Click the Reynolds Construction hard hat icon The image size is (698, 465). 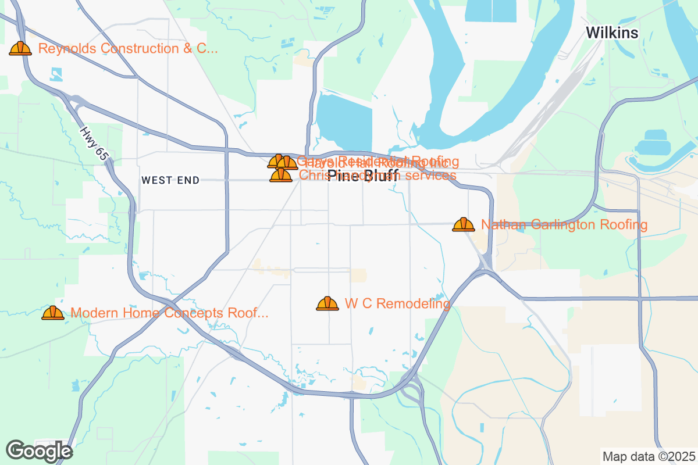20,48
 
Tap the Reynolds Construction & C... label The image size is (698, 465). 128,48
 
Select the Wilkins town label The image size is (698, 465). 612,33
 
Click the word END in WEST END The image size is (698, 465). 189,181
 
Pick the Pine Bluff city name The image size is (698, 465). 363,176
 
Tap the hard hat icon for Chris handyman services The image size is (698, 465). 281,175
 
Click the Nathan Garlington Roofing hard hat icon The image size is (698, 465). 464,224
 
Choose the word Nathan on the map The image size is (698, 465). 501,225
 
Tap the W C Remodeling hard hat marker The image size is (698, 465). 327,303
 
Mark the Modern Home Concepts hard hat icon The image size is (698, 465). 53,313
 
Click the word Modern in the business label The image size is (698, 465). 92,313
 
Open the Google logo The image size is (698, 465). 39,450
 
